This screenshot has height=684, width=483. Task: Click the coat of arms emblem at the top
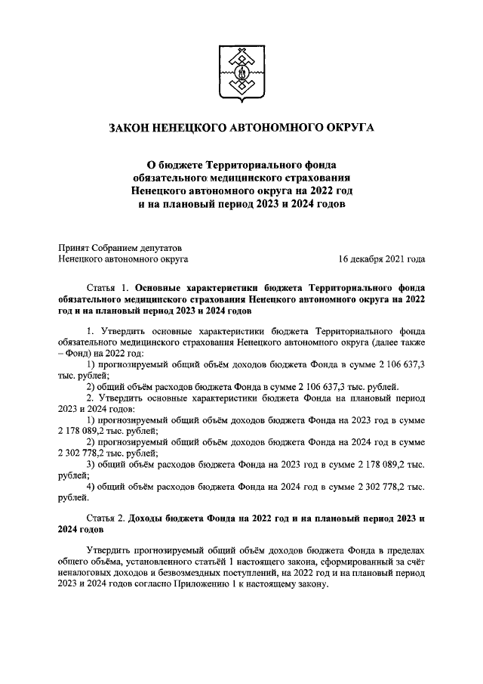tap(241, 74)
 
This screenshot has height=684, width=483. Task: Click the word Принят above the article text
tap(73, 246)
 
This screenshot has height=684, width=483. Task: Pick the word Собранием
tap(117, 246)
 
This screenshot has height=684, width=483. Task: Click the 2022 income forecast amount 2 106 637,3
tap(395, 364)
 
